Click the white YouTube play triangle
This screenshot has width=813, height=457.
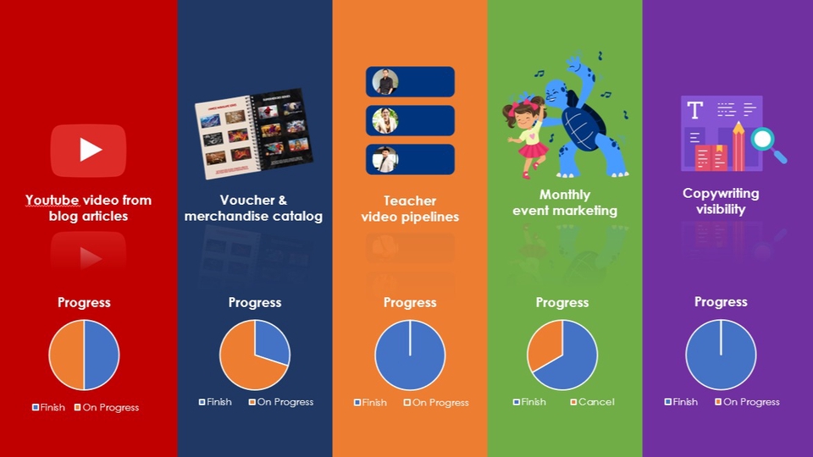pyautogui.click(x=89, y=150)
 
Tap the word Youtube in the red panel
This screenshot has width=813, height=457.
pyautogui.click(x=52, y=201)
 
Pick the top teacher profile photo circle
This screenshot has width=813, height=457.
pyautogui.click(x=386, y=82)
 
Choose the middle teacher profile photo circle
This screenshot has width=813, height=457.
pyautogui.click(x=386, y=120)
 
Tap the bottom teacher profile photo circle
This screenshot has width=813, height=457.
pyautogui.click(x=386, y=159)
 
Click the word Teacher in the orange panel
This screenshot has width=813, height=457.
pyautogui.click(x=410, y=201)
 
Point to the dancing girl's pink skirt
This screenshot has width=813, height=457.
pyautogui.click(x=533, y=150)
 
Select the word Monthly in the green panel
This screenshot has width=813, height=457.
pyautogui.click(x=565, y=195)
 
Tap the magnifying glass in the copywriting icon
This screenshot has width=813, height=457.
pyautogui.click(x=764, y=139)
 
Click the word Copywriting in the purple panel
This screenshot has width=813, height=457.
pyautogui.click(x=721, y=194)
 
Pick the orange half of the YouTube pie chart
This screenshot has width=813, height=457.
pyautogui.click(x=66, y=355)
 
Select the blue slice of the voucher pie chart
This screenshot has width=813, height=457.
pyautogui.click(x=272, y=344)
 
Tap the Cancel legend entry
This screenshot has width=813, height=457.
pyautogui.click(x=592, y=402)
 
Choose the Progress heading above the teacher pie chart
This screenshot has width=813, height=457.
pyautogui.click(x=410, y=303)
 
